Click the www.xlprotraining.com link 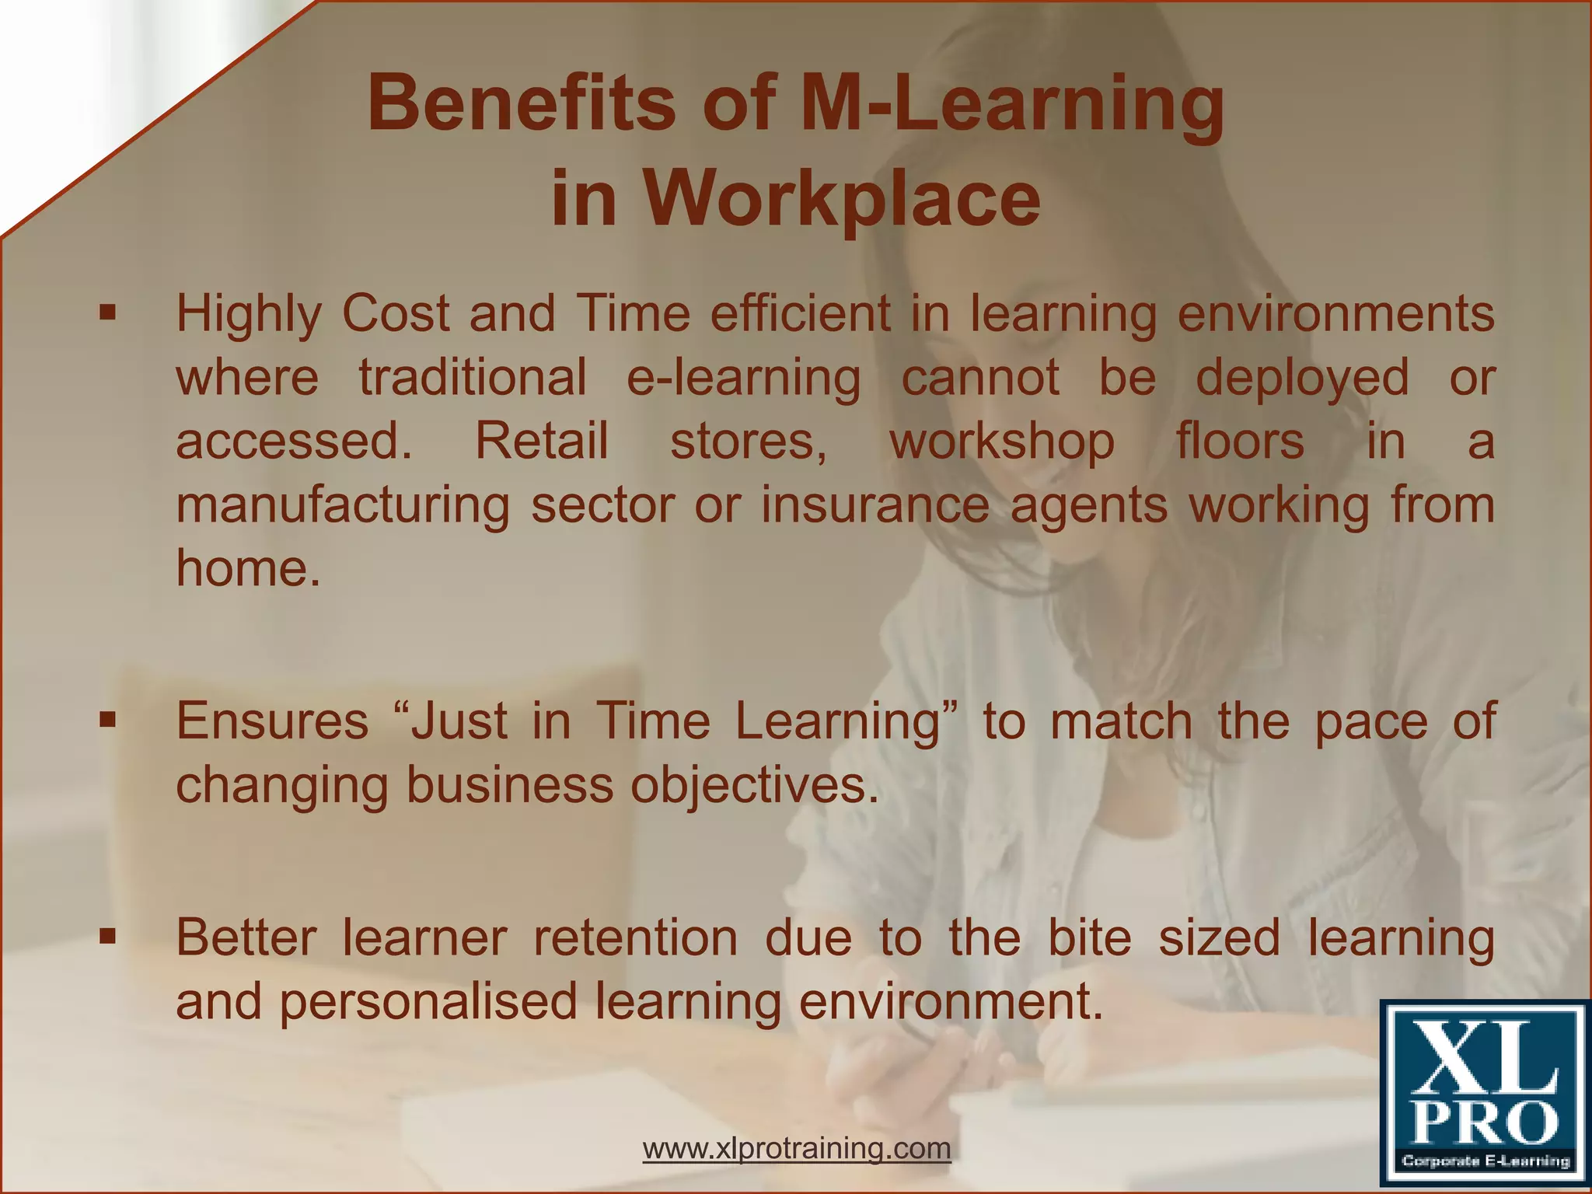tap(797, 1147)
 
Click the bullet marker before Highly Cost tap(107, 314)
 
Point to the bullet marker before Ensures tap(107, 721)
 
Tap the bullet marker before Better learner tap(107, 937)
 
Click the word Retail tap(541, 441)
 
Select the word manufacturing tap(343, 505)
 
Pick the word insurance tap(875, 505)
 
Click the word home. tap(247, 567)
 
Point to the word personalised tap(428, 1001)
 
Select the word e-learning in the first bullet tap(743, 378)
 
